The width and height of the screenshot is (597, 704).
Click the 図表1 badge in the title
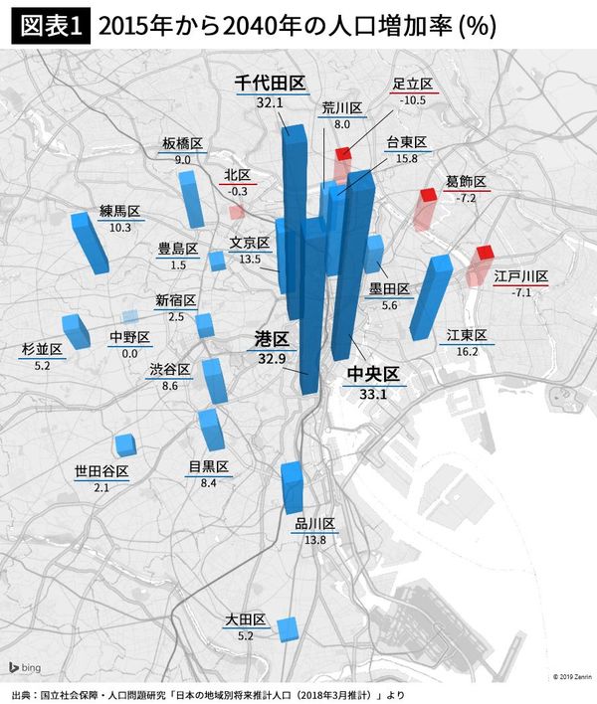(48, 24)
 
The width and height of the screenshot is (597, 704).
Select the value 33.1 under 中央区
(371, 395)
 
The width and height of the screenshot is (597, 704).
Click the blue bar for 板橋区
(189, 199)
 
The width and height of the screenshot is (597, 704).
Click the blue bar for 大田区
(288, 628)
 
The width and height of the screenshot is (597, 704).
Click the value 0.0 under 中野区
(129, 353)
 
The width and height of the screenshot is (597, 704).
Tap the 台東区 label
(406, 142)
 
